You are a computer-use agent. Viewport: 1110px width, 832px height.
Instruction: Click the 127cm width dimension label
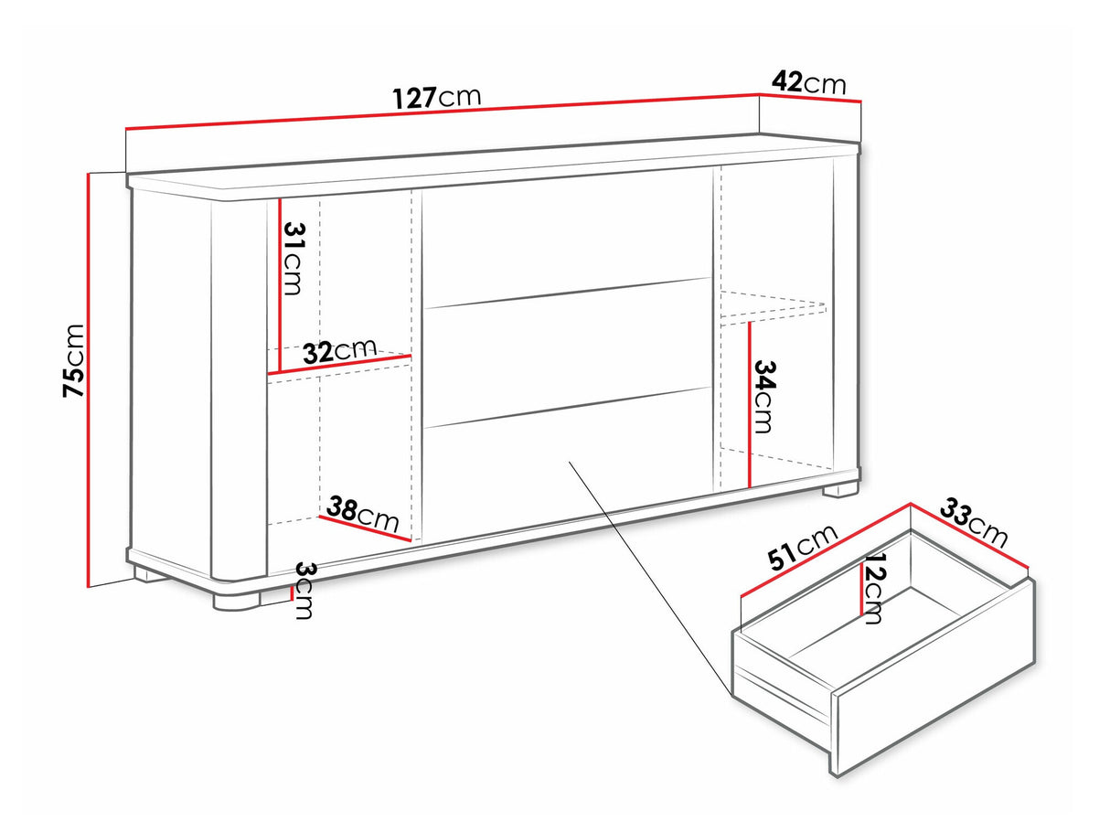(x=437, y=98)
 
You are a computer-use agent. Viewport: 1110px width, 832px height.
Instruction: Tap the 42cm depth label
(x=808, y=82)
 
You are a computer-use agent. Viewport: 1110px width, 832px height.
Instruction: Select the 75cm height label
(x=73, y=360)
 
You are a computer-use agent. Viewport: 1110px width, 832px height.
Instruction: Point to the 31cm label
(x=293, y=259)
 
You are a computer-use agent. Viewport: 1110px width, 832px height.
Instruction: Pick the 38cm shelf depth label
(x=363, y=514)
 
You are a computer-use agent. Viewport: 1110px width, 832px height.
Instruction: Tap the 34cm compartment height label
(x=763, y=397)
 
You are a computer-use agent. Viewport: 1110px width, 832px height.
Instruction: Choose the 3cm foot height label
(x=304, y=590)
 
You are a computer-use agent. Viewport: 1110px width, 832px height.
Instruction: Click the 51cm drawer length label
(x=803, y=548)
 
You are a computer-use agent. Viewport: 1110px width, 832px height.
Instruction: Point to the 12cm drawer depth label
(x=874, y=589)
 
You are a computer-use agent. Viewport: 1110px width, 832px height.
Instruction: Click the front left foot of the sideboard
(x=237, y=601)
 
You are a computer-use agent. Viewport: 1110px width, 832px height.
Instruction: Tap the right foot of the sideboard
(x=840, y=489)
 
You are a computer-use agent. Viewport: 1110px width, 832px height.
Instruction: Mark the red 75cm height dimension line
(x=88, y=380)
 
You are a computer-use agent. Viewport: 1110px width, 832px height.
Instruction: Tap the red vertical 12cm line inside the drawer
(x=860, y=590)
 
